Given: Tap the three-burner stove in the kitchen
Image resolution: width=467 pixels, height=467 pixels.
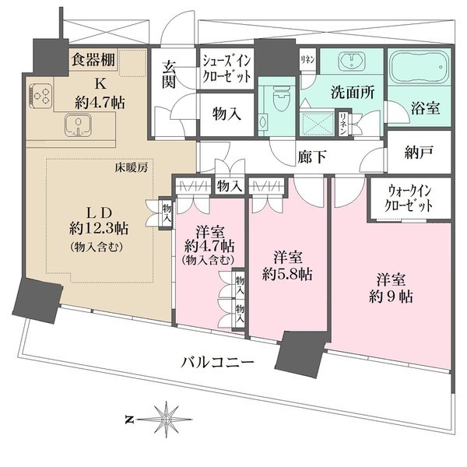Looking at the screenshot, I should (x=42, y=97).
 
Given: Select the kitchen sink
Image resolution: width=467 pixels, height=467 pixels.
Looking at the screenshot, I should (x=78, y=125).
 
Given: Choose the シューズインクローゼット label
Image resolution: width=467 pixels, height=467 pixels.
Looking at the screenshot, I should (x=226, y=68).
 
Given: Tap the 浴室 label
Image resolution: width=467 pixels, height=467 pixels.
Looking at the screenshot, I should (x=426, y=109).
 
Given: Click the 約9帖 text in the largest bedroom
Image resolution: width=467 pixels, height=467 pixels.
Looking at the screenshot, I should (x=391, y=288).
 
